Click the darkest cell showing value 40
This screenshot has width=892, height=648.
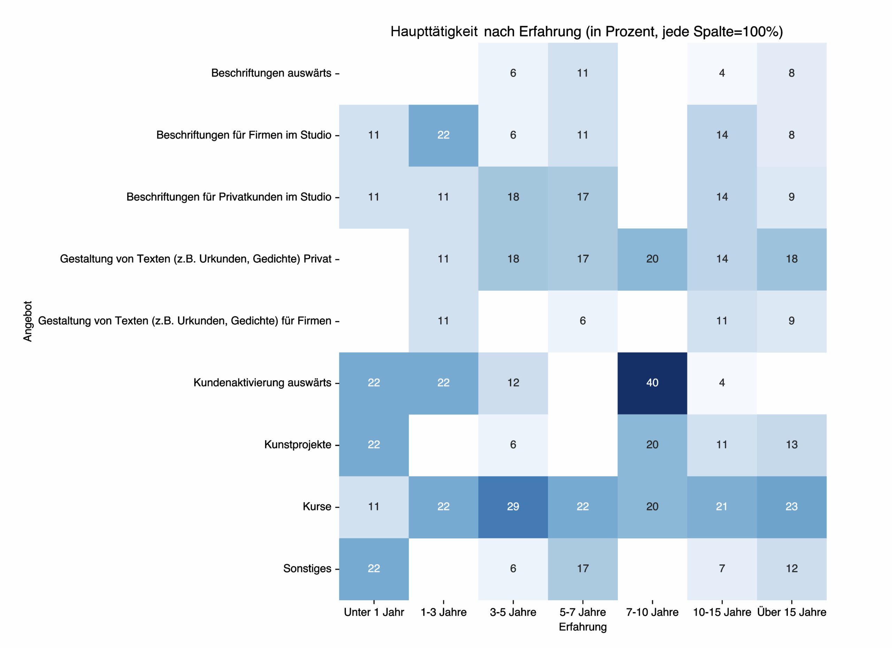click(x=652, y=383)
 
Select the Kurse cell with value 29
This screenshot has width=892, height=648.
click(x=513, y=507)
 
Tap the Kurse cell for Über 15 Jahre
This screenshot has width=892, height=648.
click(x=791, y=507)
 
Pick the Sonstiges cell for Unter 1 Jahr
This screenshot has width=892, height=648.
click(x=374, y=568)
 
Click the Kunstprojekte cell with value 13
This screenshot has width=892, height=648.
click(x=791, y=445)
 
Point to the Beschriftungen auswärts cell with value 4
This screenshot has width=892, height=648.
click(x=722, y=73)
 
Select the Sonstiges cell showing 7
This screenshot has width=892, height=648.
click(x=722, y=568)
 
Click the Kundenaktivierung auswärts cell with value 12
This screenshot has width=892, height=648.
click(x=513, y=383)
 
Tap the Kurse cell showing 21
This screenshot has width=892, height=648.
click(x=722, y=507)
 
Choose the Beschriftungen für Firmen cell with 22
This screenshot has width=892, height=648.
click(x=443, y=135)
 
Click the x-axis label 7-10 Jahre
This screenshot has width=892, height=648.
click(x=652, y=612)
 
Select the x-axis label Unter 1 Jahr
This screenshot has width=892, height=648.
click(x=374, y=612)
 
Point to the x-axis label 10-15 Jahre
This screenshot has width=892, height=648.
click(x=722, y=612)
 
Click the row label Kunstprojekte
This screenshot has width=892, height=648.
click(x=297, y=445)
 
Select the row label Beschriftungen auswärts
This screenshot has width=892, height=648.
click(x=271, y=73)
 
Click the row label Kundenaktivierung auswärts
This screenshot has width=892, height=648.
click(x=262, y=383)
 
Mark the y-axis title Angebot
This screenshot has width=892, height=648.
click(x=28, y=321)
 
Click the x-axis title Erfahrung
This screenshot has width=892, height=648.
click(x=583, y=627)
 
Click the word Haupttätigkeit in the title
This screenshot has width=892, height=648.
click(x=434, y=31)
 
